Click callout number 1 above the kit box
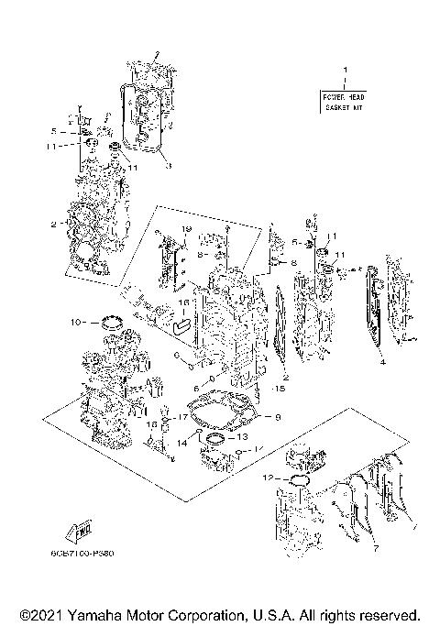tap(346, 70)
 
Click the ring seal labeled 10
tap(115, 321)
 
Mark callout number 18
tap(152, 425)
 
